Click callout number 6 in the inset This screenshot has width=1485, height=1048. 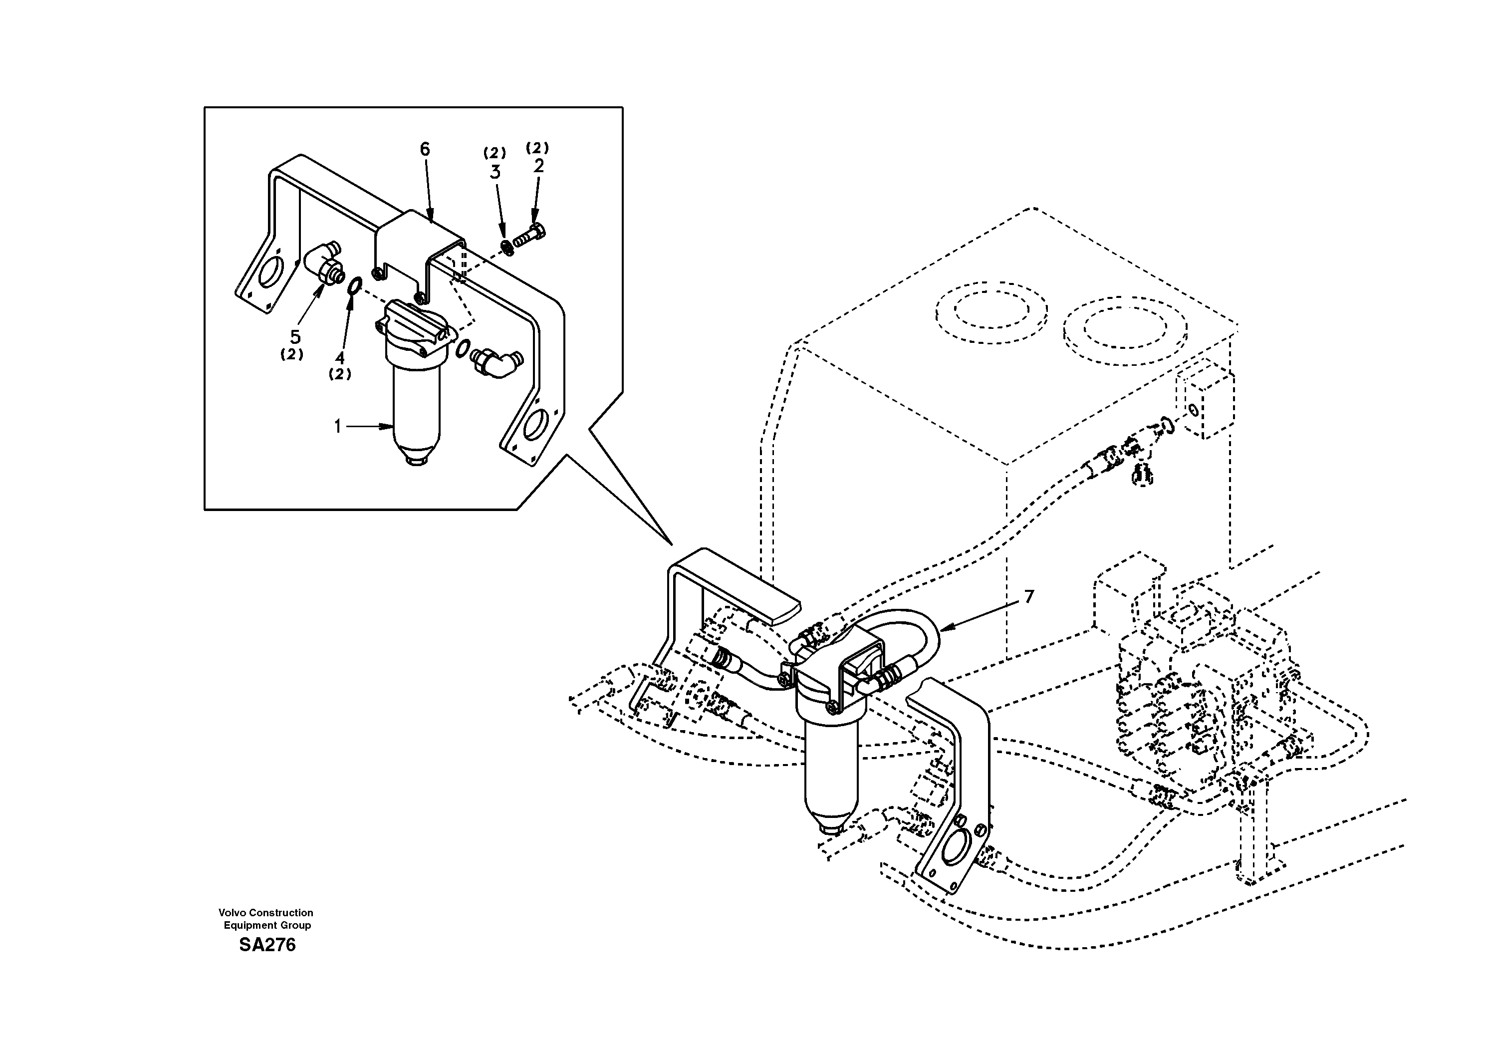[424, 149]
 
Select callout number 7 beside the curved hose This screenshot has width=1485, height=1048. [1029, 596]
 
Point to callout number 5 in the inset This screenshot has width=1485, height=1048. [295, 337]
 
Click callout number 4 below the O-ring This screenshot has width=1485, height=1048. [339, 358]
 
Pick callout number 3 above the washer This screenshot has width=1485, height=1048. [495, 172]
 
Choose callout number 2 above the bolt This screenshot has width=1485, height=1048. [538, 166]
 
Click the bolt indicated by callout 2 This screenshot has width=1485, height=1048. [530, 238]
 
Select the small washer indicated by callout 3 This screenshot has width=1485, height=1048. [506, 247]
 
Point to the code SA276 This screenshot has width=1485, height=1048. [267, 945]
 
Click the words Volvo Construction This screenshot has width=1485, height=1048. [266, 913]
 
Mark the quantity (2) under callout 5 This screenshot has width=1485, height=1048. [292, 354]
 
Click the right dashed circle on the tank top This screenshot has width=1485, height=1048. [1124, 329]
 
